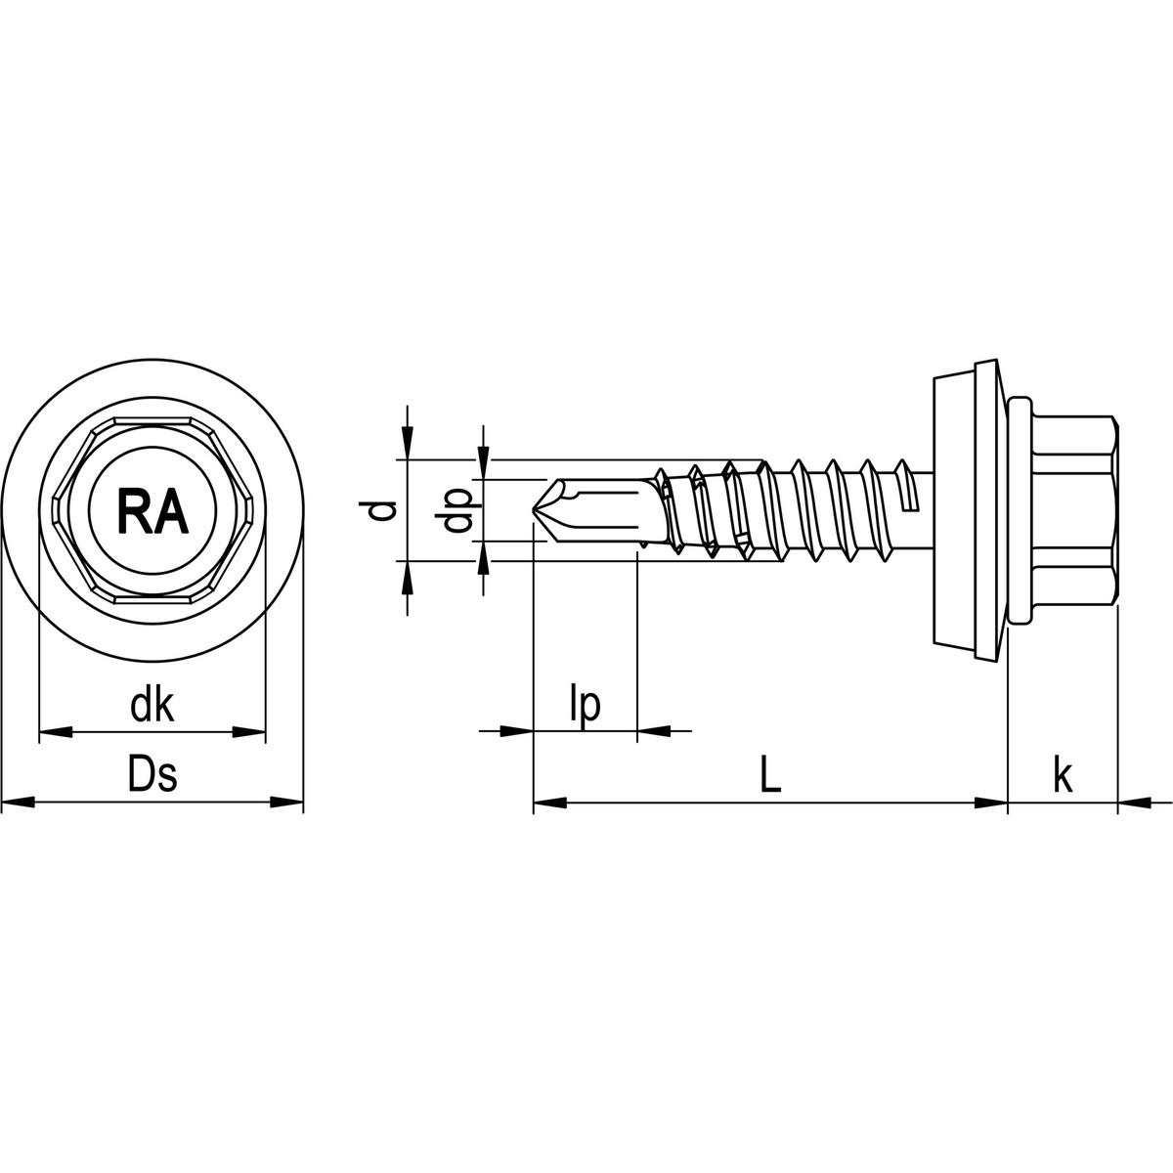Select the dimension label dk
(x=152, y=705)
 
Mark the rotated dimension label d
(x=386, y=510)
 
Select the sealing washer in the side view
(x=968, y=509)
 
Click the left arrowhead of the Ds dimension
(x=18, y=804)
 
